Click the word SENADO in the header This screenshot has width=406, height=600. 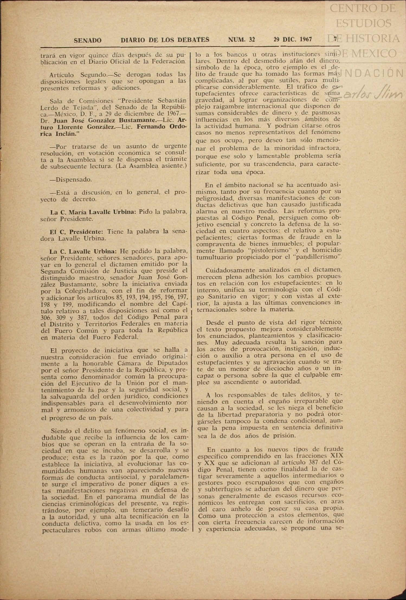pyautogui.click(x=88, y=40)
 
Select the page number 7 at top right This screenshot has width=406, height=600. pyautogui.click(x=335, y=39)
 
